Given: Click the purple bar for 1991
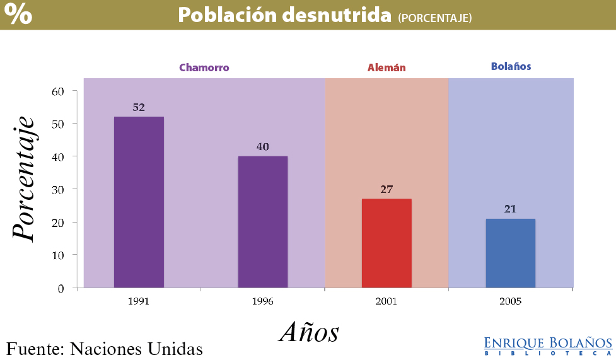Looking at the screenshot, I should click(139, 202).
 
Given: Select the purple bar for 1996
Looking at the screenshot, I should click(262, 221).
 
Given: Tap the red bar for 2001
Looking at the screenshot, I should click(386, 243).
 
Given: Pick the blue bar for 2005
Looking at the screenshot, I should click(510, 253).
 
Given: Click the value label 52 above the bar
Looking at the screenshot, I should click(139, 107).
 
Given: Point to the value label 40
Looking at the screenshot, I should click(262, 146).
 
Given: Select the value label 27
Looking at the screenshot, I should click(386, 189).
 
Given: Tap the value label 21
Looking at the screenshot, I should click(510, 209).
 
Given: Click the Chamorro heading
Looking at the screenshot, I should click(204, 67).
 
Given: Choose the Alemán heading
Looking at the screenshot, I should click(386, 67).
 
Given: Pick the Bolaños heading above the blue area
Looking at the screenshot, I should click(511, 66).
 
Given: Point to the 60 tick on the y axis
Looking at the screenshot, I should click(58, 91).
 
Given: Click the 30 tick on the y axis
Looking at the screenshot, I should click(58, 189).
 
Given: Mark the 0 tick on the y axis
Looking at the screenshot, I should click(61, 288).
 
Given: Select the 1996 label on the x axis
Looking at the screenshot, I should click(262, 301).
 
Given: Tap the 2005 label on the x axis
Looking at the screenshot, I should click(510, 301).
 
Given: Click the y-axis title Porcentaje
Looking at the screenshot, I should click(23, 178).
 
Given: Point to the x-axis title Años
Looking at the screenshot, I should click(309, 332).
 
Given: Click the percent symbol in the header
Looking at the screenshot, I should click(18, 15).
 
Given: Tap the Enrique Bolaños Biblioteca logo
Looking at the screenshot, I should click(548, 345).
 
